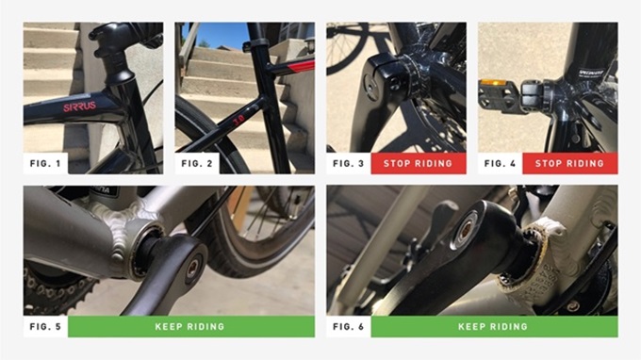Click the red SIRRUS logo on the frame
[x=79, y=107]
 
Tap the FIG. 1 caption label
[x=45, y=163]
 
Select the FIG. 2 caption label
[x=197, y=163]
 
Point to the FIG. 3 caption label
[x=348, y=163]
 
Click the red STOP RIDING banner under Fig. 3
[x=419, y=163]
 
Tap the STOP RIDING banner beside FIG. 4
[x=570, y=163]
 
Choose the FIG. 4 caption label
[x=500, y=163]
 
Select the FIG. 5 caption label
[x=45, y=326]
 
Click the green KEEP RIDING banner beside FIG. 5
[x=191, y=326]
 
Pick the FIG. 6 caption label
[x=348, y=326]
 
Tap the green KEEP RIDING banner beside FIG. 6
[x=495, y=326]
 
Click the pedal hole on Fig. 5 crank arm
[x=194, y=268]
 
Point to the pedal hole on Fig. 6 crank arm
[x=465, y=229]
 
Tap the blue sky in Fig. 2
[x=216, y=34]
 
